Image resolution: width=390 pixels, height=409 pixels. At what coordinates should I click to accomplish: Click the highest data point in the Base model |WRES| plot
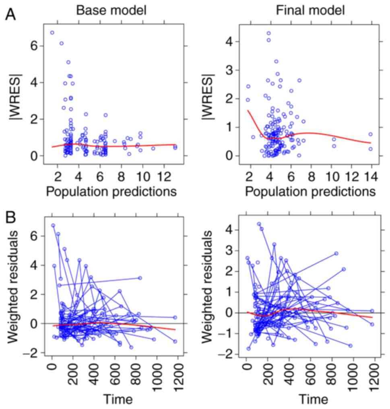pos(52,33)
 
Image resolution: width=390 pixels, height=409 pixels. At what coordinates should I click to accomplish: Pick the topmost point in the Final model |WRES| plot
pos(268,33)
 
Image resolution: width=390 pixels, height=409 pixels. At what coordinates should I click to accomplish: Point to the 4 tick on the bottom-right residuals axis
pos(234,230)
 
